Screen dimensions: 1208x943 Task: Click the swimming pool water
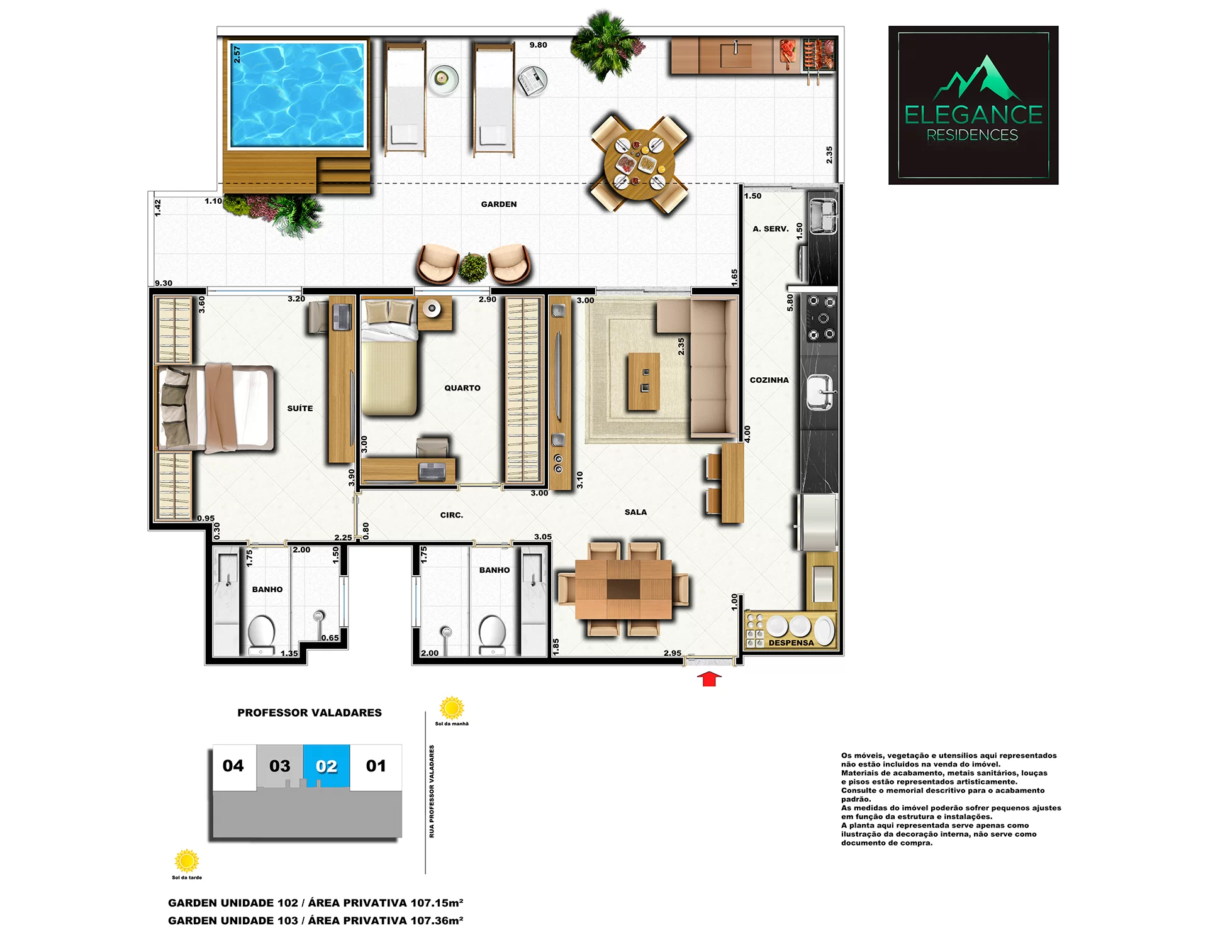tap(297, 94)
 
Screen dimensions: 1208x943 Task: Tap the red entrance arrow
tap(710, 679)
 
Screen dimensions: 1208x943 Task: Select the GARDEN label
tap(499, 204)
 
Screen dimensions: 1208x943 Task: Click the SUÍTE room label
tap(300, 408)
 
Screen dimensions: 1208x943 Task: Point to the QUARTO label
tap(462, 388)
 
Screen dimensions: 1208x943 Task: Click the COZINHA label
tap(769, 380)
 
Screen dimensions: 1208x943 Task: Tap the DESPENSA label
tap(791, 642)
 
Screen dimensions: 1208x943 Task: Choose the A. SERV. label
tap(771, 229)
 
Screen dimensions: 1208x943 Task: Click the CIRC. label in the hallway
tap(452, 515)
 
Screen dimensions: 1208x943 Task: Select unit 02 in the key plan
tap(327, 766)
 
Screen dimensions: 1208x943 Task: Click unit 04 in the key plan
tap(233, 766)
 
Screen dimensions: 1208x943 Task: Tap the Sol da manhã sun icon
tap(452, 708)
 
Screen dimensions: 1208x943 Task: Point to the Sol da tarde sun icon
tap(187, 861)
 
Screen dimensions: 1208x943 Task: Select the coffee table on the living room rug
tap(644, 382)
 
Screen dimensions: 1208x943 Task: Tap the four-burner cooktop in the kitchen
tap(821, 318)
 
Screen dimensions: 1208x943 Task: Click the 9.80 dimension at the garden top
tap(538, 45)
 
